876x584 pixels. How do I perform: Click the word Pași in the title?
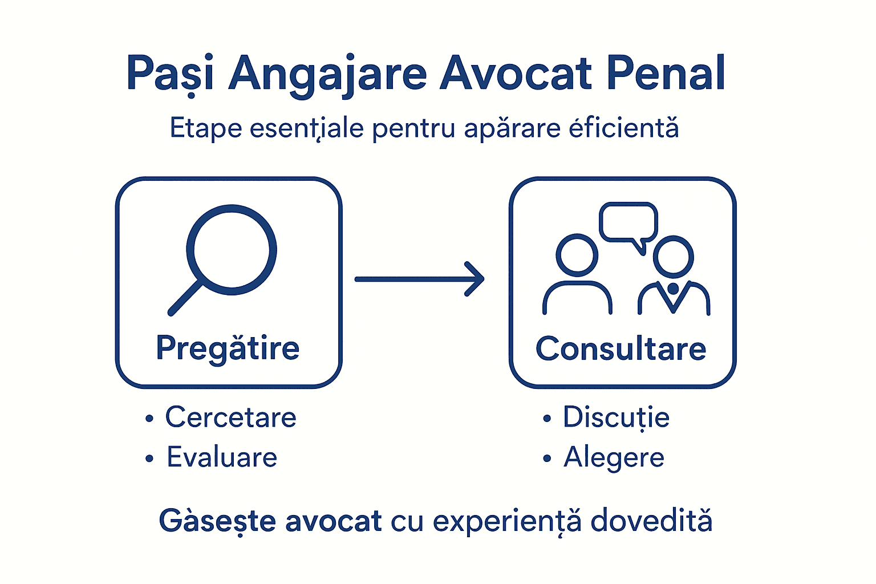[x=170, y=74]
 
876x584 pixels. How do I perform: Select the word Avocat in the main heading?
[x=516, y=74]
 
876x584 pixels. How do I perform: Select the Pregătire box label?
[x=228, y=348]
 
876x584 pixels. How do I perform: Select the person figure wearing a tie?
[x=674, y=277]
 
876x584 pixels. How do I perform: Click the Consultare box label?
[x=620, y=348]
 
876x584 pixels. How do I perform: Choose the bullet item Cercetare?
[x=230, y=417]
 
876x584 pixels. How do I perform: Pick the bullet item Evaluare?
[x=222, y=457]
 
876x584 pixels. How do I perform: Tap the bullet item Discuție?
[x=616, y=417]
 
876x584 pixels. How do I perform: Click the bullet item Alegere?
[x=614, y=458]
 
